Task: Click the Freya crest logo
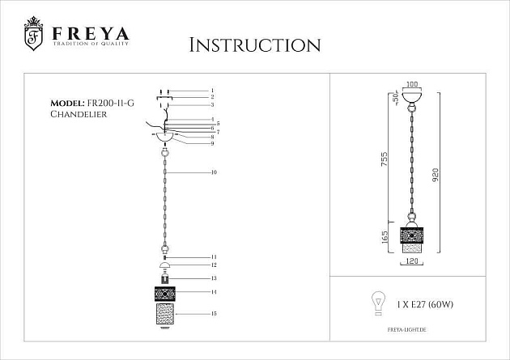[33, 35]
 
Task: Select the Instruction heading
[254, 44]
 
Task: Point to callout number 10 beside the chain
[214, 173]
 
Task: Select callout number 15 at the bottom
[214, 313]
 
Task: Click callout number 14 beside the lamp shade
[214, 290]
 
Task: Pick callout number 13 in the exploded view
[214, 277]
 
